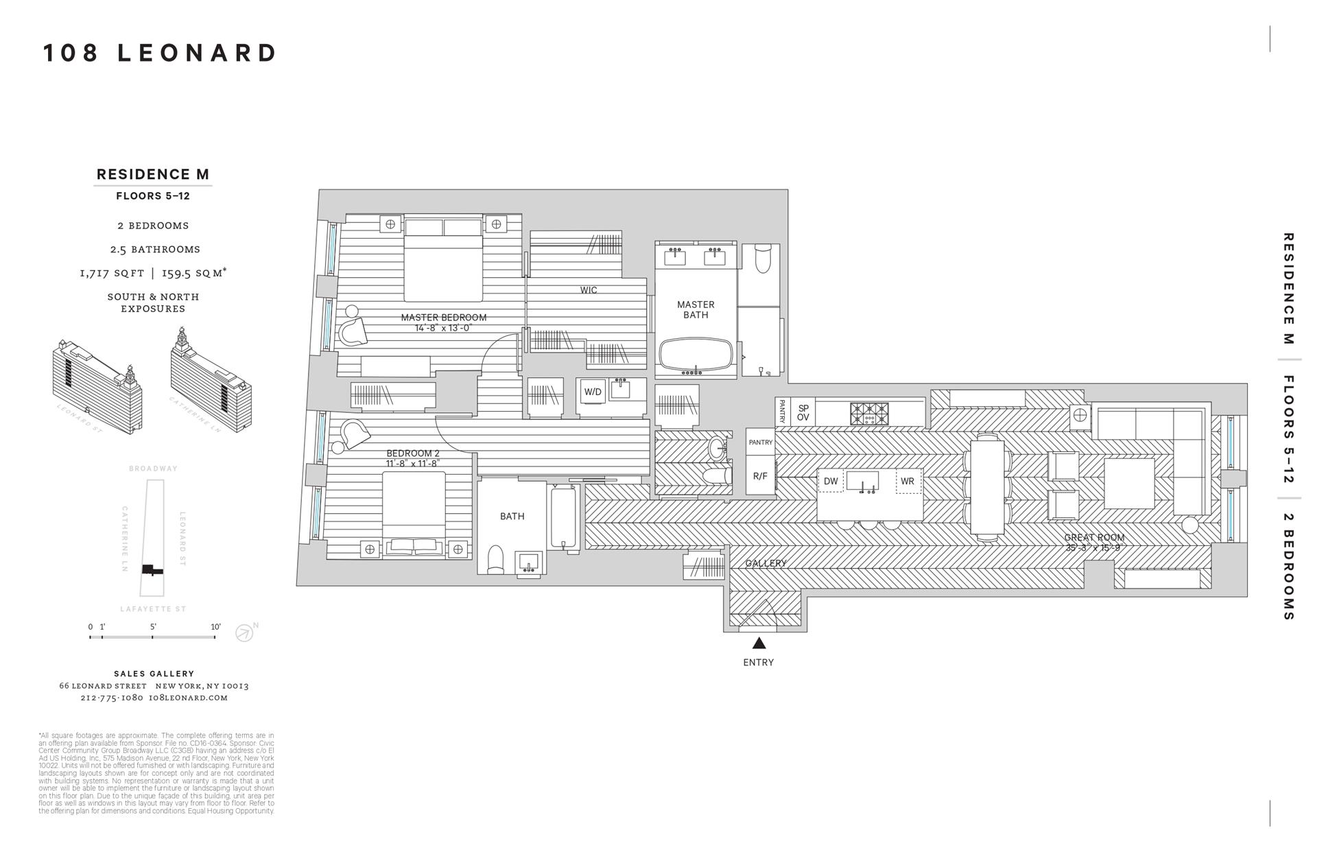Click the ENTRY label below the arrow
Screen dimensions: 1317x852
pos(758,663)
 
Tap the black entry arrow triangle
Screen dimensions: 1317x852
pos(759,643)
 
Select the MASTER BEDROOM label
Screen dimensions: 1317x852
pos(444,318)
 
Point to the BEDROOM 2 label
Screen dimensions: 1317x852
pos(413,453)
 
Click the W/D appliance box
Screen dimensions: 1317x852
pos(593,392)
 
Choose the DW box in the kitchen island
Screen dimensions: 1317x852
pos(831,482)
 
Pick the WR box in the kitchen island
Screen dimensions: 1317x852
pos(907,482)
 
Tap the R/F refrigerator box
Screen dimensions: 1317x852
pos(760,476)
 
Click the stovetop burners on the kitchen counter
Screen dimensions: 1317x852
pos(869,414)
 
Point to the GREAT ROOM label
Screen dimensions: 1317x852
pos(1094,538)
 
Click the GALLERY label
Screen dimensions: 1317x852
pos(766,563)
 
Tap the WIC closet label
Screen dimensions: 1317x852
pos(589,290)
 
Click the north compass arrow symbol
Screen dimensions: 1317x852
pos(244,632)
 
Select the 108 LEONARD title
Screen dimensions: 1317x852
pos(160,53)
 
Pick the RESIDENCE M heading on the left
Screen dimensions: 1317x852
pos(153,174)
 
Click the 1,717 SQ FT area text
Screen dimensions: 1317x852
pos(112,273)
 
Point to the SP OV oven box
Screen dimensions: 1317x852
pos(803,413)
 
